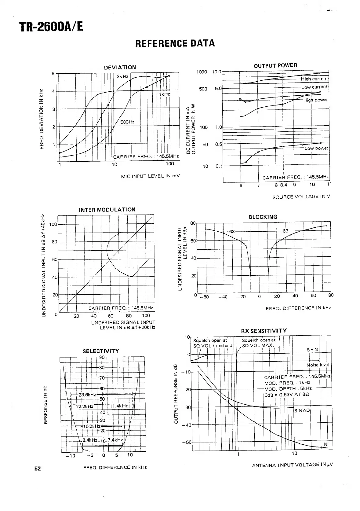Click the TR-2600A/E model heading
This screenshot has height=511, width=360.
[51, 27]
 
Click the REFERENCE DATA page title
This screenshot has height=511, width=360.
[175, 43]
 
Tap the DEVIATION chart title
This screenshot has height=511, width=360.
[120, 67]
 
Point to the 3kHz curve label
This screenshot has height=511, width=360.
[122, 76]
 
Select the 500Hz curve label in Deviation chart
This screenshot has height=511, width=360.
[127, 122]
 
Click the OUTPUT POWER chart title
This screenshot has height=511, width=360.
[275, 65]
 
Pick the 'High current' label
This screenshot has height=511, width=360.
[314, 79]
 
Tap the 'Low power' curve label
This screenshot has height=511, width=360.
[316, 148]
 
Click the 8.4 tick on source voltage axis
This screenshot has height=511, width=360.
[284, 185]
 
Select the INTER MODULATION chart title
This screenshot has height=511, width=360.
[107, 210]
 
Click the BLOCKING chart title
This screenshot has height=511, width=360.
[263, 217]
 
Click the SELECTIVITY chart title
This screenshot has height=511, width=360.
[101, 351]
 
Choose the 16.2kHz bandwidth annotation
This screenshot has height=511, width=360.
[92, 426]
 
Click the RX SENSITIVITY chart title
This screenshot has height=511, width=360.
[264, 330]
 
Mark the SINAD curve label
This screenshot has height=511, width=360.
[302, 410]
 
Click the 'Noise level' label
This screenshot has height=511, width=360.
[318, 365]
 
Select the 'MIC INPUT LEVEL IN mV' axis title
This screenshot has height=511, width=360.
[150, 176]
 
